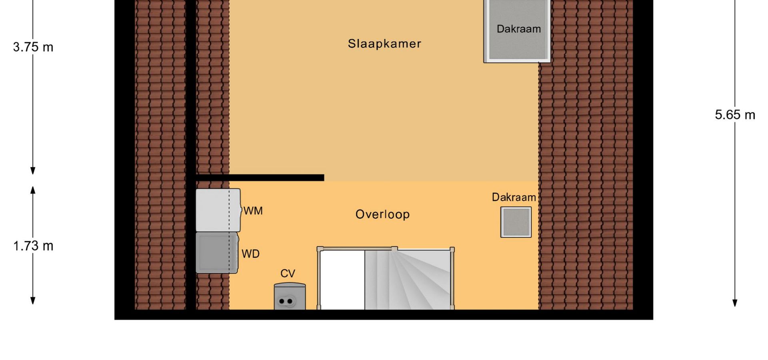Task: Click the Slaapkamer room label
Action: click(x=384, y=44)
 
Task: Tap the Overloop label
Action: click(x=382, y=214)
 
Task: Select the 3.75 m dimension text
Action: click(x=33, y=47)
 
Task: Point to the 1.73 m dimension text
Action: click(x=33, y=246)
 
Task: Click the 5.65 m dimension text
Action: click(x=735, y=115)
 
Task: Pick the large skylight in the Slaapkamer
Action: click(x=517, y=31)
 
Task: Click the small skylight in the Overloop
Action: click(x=516, y=222)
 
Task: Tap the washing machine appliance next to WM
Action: click(x=218, y=210)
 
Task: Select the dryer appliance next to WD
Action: click(x=217, y=253)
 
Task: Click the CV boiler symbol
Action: click(x=290, y=296)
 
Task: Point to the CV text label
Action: click(x=288, y=274)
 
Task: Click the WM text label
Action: click(x=253, y=211)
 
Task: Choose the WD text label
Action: click(x=250, y=254)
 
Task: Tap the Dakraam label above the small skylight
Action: click(x=514, y=197)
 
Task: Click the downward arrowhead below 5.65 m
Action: click(x=735, y=303)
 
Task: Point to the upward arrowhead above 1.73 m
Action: click(x=33, y=190)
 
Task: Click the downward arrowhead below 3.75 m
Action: click(x=33, y=171)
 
